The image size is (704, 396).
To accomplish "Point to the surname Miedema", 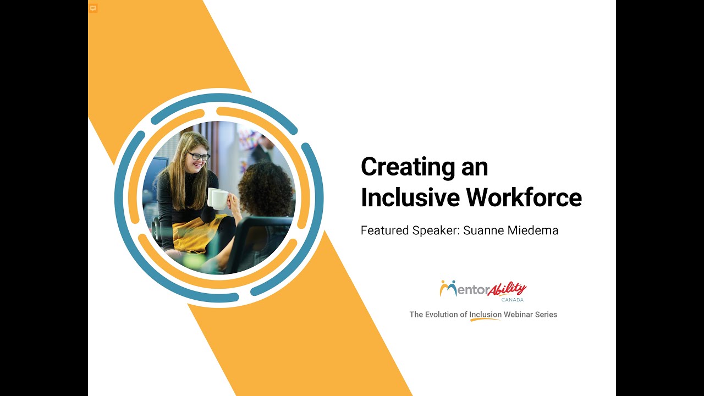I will pos(534,230).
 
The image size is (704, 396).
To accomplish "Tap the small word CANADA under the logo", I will pos(512,300).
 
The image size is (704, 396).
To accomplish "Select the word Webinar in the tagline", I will pos(519,315).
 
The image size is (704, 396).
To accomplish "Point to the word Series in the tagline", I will pos(546,315).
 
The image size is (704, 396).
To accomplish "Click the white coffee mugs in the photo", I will pos(218,197).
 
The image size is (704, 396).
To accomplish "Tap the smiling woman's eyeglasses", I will pos(199,156).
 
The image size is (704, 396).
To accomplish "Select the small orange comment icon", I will pos(93,8).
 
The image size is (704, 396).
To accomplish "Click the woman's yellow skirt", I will pos(192,230).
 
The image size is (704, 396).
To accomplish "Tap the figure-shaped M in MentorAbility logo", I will pos(448,288).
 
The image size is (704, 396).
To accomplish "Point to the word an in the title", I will pos(474,168).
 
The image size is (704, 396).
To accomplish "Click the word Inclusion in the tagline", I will pos(485,315).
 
